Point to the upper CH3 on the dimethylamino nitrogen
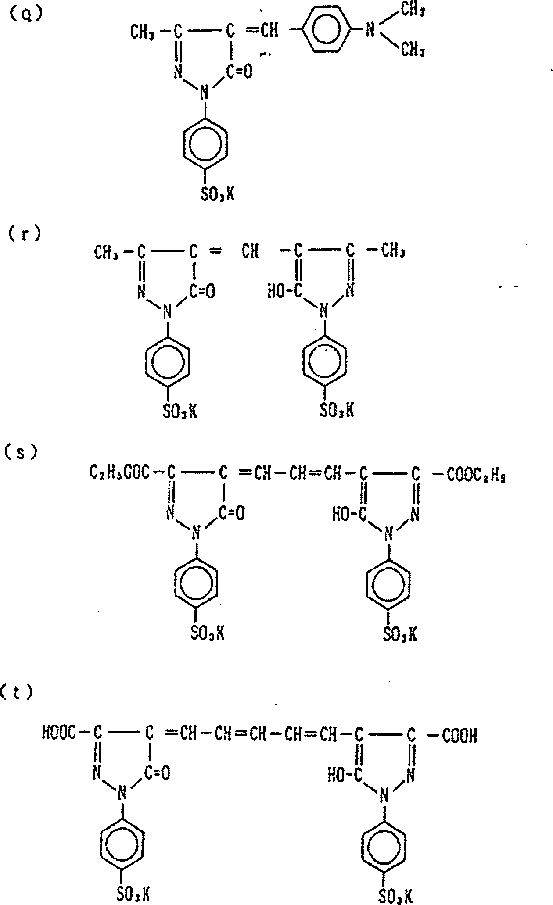click(413, 11)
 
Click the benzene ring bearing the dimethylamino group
click(327, 30)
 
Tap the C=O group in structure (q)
click(239, 70)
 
